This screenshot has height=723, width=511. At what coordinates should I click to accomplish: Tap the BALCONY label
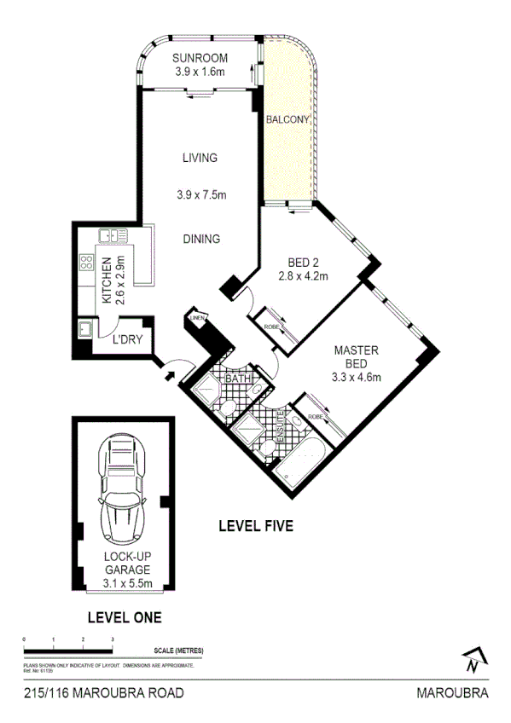(287, 120)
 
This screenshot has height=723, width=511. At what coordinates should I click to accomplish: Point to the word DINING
(201, 240)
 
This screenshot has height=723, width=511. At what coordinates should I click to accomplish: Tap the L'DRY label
(127, 339)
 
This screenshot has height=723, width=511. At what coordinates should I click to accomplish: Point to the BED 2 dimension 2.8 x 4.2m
(303, 276)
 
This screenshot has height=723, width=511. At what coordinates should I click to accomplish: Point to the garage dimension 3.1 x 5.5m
(127, 582)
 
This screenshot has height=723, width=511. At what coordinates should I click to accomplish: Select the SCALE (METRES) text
(179, 650)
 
